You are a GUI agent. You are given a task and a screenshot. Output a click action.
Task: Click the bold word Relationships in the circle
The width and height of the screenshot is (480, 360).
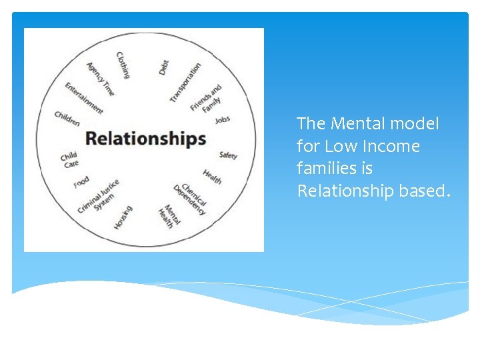pyautogui.click(x=145, y=138)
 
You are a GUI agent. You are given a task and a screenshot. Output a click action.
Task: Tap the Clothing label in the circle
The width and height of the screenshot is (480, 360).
pyautogui.click(x=123, y=65)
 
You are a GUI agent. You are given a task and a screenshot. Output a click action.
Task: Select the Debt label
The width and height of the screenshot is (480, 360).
pyautogui.click(x=164, y=67)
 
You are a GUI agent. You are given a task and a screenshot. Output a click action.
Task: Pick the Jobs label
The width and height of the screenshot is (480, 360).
pyautogui.click(x=223, y=120)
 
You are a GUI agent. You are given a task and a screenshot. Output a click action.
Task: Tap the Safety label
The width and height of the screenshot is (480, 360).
pyautogui.click(x=228, y=155)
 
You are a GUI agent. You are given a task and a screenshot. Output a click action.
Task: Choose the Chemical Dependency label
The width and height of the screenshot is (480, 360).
pyautogui.click(x=191, y=199)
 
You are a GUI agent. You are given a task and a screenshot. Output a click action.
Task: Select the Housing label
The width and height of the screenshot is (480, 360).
pyautogui.click(x=123, y=217)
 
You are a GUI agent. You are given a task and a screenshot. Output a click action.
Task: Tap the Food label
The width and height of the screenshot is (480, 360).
pyautogui.click(x=81, y=181)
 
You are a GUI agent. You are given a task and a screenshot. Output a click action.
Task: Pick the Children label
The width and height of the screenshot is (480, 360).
pyautogui.click(x=67, y=118)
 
